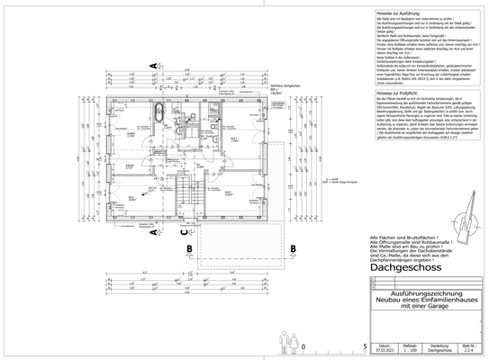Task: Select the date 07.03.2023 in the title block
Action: click(385, 351)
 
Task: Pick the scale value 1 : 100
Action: click(409, 351)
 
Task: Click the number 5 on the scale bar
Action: click(363, 346)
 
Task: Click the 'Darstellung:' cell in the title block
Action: click(439, 345)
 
